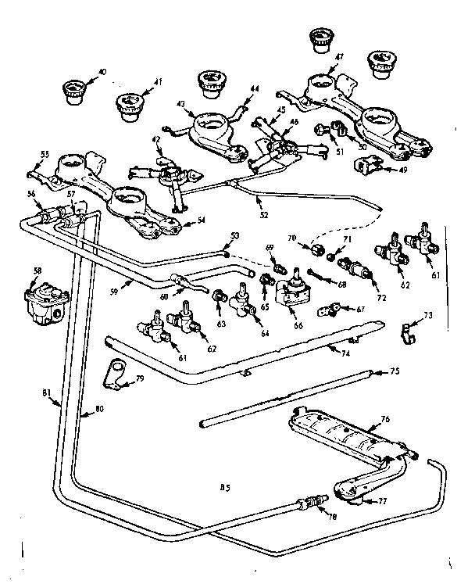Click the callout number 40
(x=102, y=72)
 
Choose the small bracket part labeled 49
(x=366, y=166)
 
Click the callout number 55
(x=44, y=155)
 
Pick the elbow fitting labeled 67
(x=326, y=312)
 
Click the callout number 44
(x=252, y=90)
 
